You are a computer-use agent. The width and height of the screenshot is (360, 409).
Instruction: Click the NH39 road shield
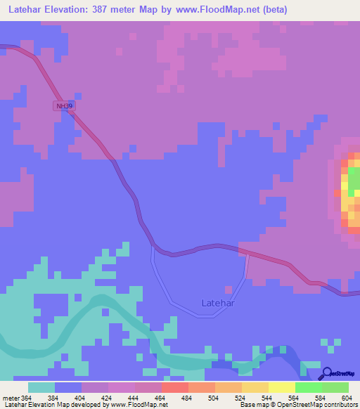coord(64,105)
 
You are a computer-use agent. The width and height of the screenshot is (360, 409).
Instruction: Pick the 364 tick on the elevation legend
coord(26,398)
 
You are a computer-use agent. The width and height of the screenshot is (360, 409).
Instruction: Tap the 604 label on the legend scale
coord(347,398)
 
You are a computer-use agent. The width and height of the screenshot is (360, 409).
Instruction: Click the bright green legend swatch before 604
coord(335,387)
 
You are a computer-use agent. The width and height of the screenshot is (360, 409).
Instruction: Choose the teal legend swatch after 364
coord(41,387)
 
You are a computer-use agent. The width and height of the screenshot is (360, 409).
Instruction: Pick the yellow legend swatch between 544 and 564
coord(282,387)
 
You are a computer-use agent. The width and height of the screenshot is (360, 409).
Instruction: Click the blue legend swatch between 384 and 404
coord(68,387)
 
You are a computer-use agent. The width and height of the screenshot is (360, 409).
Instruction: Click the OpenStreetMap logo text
coord(342,375)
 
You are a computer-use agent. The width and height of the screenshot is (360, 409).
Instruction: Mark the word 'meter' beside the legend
coord(10,398)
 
